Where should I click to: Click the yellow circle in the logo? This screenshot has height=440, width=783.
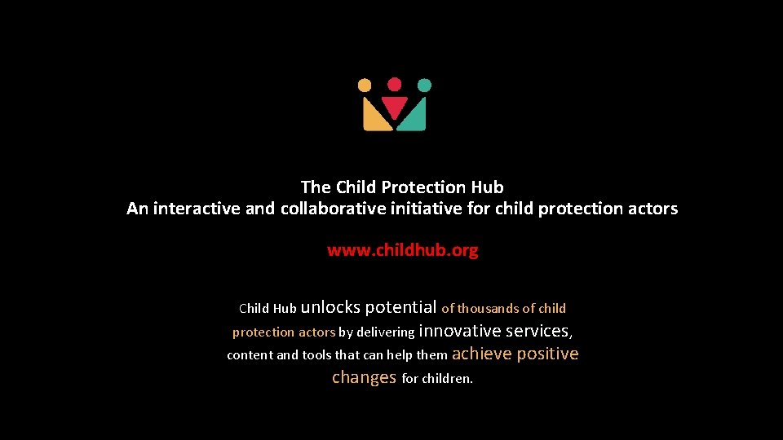365,85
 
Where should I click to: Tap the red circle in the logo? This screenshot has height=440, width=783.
394,84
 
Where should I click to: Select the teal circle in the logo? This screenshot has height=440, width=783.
424,85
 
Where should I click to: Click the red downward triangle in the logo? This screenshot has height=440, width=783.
395,108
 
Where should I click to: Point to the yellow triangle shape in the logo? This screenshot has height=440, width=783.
374,119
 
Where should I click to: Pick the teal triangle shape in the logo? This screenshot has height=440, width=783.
415,119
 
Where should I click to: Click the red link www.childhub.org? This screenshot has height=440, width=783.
402,250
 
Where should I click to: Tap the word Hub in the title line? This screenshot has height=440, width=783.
487,187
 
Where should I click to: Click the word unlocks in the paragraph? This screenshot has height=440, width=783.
330,307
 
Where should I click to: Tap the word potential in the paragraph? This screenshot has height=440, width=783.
400,308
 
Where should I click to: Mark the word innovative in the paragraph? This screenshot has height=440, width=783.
459,331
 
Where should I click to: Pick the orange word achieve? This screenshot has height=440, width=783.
481,354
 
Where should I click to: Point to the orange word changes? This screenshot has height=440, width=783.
364,377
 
